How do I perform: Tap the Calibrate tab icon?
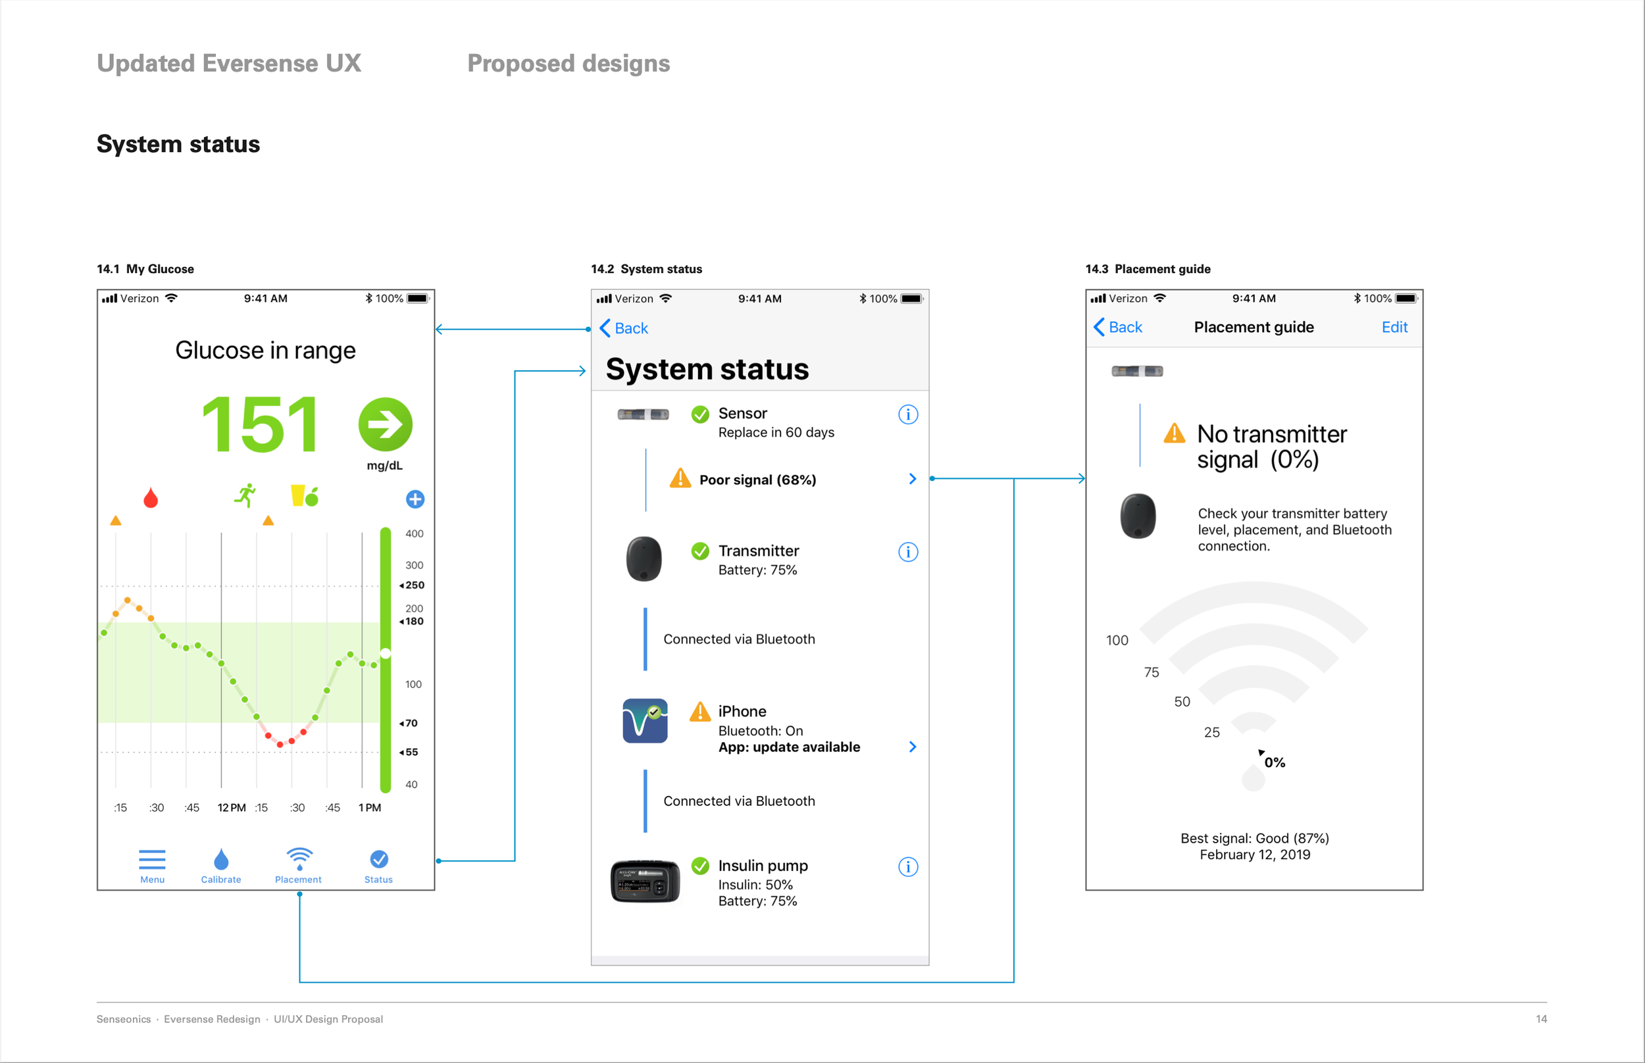(x=221, y=859)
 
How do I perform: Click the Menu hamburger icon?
(x=152, y=859)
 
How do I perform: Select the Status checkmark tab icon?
(x=379, y=859)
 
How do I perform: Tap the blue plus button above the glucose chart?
(x=415, y=499)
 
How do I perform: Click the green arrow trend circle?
(x=385, y=424)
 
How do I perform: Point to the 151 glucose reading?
(x=261, y=424)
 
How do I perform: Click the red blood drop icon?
(x=151, y=498)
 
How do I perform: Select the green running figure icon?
(x=245, y=495)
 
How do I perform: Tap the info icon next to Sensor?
(x=908, y=414)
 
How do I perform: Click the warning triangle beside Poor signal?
(x=680, y=478)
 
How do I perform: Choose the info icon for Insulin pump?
(x=908, y=867)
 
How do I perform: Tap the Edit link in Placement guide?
(x=1394, y=327)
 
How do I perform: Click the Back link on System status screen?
(x=624, y=328)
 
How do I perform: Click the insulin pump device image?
(x=645, y=881)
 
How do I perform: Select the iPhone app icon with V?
(x=645, y=721)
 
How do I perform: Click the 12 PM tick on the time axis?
(x=231, y=808)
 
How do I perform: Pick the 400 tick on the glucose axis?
(x=414, y=533)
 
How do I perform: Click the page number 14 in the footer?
(x=1542, y=1019)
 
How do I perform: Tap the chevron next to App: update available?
(x=913, y=747)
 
